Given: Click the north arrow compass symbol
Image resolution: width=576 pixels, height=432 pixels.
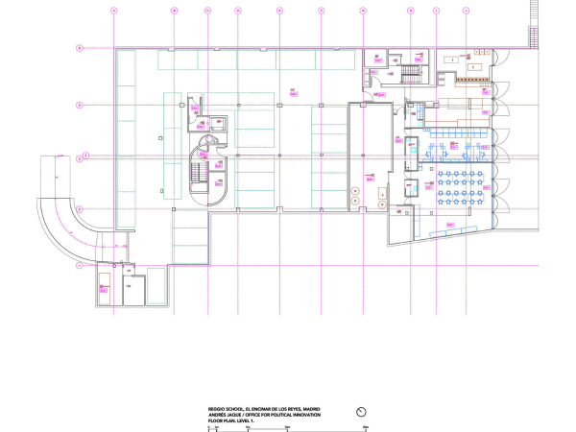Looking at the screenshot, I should pyautogui.click(x=363, y=412).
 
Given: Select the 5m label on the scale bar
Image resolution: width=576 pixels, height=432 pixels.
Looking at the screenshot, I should pyautogui.click(x=248, y=425).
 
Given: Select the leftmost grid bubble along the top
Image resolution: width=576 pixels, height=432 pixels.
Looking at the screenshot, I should pyautogui.click(x=113, y=11).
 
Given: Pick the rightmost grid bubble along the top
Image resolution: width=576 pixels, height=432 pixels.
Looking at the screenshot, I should pyautogui.click(x=466, y=11).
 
